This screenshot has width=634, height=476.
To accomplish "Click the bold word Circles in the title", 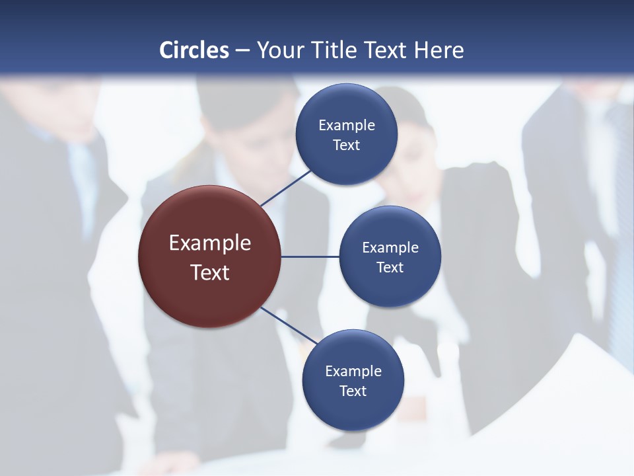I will point(194,50).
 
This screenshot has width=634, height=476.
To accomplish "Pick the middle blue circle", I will point(390,288).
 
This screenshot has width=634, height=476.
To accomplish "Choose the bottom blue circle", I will point(353,410).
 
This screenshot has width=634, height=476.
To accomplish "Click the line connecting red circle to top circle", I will point(286,188).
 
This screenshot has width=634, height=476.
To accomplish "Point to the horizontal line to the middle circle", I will point(310,257).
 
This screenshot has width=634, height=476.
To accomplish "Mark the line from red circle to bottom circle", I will point(288,326).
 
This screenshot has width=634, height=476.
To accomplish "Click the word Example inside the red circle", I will point(210,243).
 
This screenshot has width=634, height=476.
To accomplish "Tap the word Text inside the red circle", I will point(210,272).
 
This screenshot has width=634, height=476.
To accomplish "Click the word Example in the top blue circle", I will point(347,126).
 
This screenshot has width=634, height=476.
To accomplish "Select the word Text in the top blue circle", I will point(347,145).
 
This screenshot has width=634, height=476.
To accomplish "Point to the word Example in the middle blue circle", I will point(390,248).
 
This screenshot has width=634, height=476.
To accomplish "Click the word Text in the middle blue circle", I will point(390,268).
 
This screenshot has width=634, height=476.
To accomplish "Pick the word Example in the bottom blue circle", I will point(353,372).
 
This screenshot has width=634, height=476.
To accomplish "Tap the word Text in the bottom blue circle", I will point(353,391).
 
